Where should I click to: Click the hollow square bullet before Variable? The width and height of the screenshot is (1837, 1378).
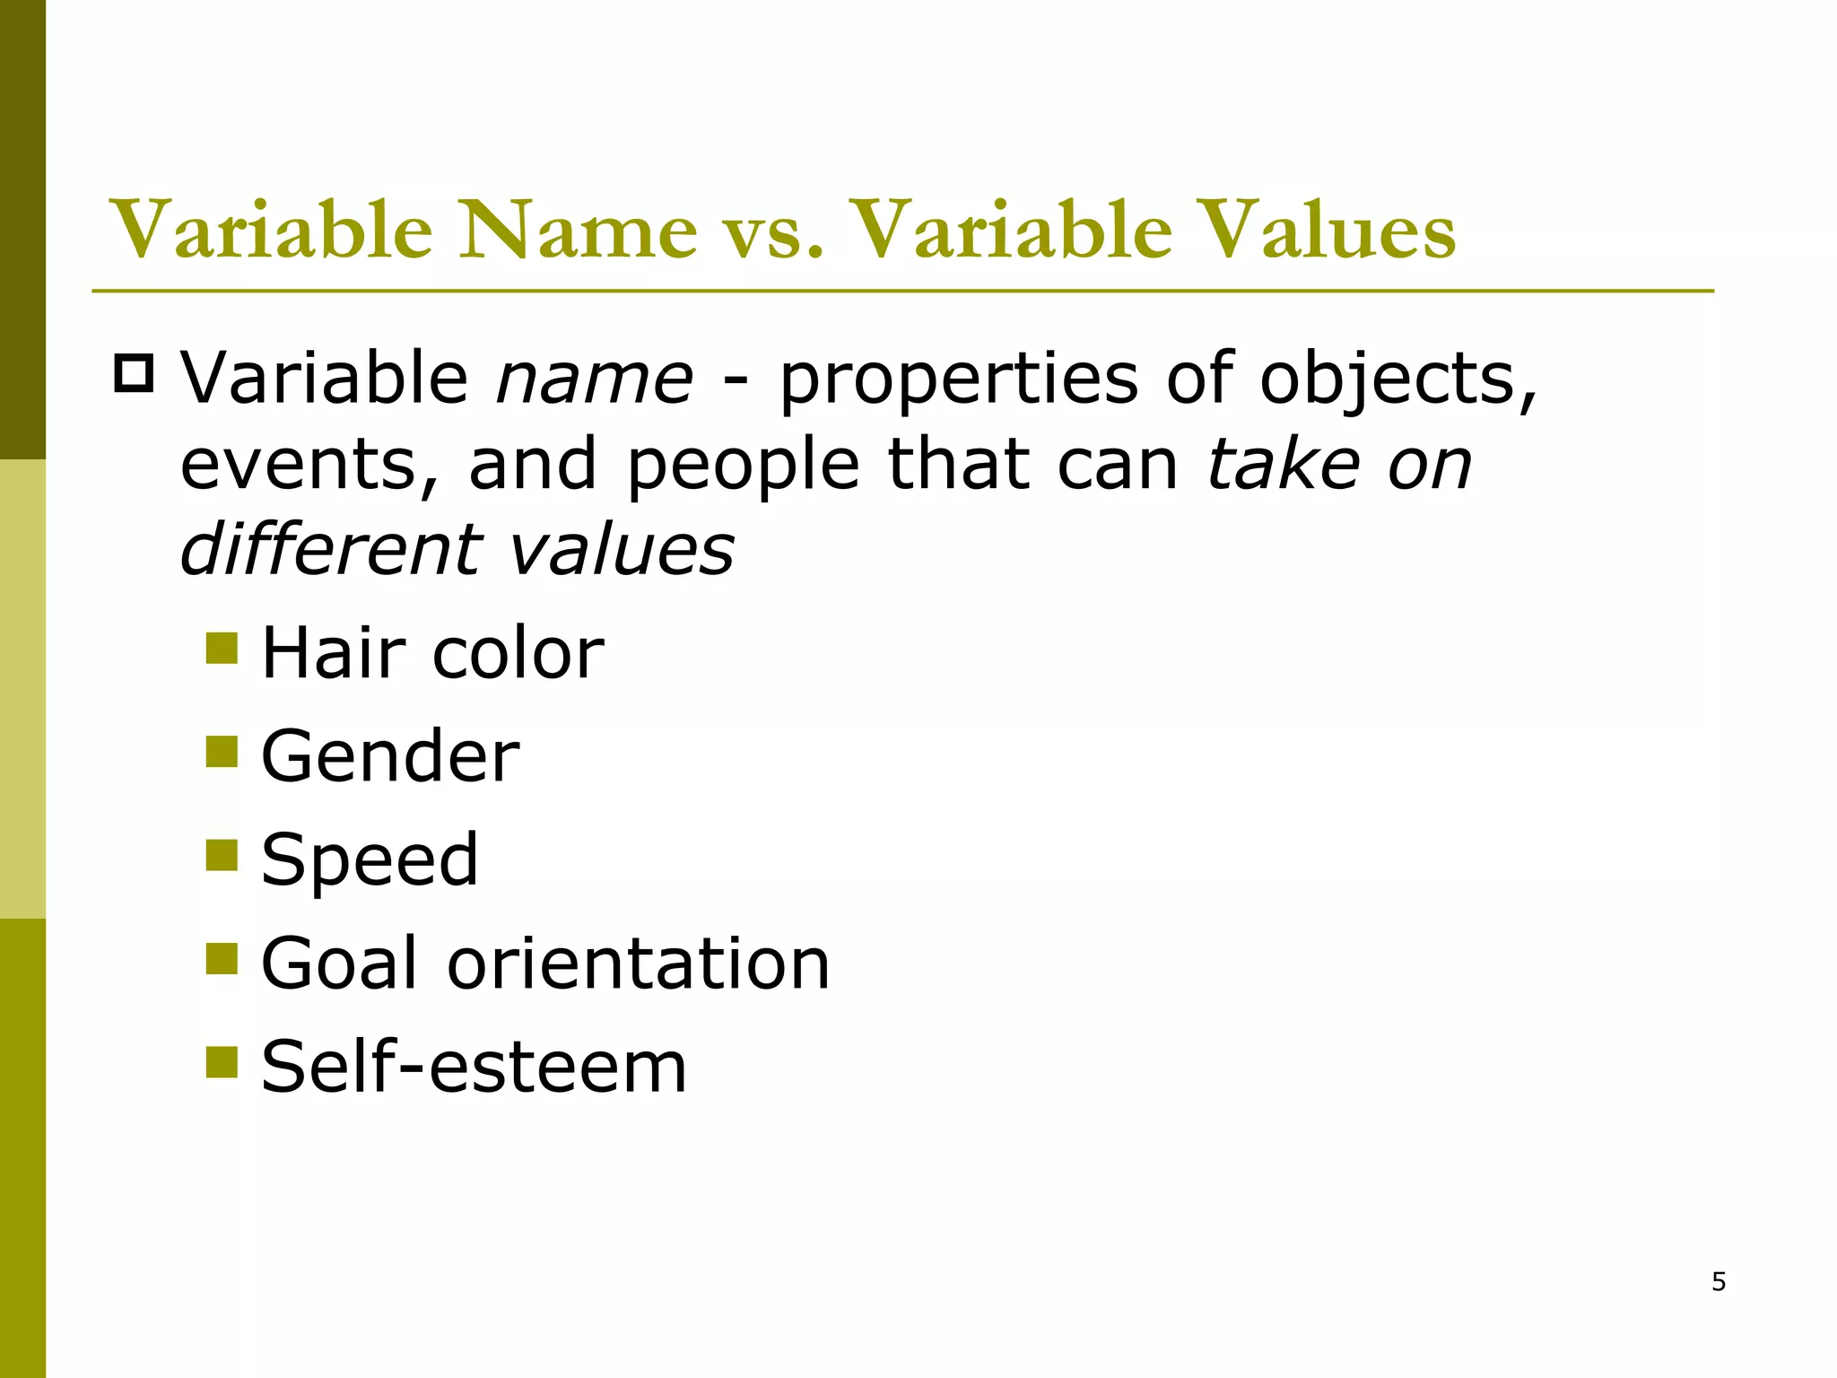tap(135, 374)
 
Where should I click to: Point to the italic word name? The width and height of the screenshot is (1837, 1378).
tap(595, 379)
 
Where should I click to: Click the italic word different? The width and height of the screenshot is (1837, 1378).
tap(332, 548)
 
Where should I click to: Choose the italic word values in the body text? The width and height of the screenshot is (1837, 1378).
tap(622, 550)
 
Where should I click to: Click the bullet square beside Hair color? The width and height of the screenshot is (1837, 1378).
tap(222, 648)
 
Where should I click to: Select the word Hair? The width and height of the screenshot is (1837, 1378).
tap(333, 652)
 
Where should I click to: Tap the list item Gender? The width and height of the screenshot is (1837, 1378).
tap(390, 756)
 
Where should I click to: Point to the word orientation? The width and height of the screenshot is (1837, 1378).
tap(638, 963)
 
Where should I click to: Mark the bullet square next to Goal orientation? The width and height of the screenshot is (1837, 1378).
tap(222, 958)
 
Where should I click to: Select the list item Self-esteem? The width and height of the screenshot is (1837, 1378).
tap(474, 1067)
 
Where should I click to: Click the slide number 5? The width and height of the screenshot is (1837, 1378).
tap(1719, 1282)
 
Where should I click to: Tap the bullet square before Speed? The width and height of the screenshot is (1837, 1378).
tap(222, 855)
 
